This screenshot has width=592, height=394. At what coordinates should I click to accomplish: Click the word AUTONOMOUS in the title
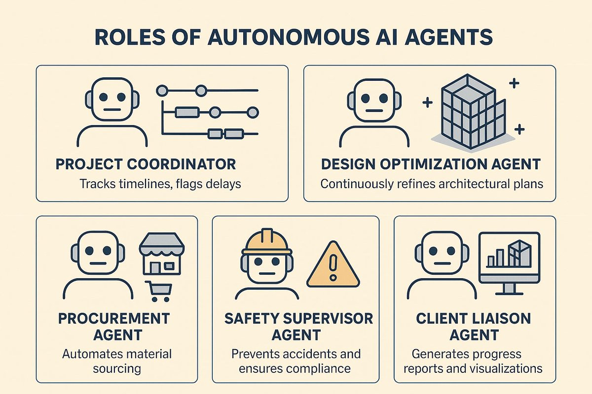click(288, 37)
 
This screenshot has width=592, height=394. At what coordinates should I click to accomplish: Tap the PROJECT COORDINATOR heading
click(146, 164)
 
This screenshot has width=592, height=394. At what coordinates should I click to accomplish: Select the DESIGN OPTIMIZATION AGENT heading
click(431, 164)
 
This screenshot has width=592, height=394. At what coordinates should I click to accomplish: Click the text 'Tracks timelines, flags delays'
click(160, 184)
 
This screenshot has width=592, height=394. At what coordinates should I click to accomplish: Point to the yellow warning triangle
click(333, 264)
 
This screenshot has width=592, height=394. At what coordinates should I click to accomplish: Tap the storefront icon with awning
click(162, 254)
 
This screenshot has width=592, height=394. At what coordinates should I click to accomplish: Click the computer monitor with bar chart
click(509, 263)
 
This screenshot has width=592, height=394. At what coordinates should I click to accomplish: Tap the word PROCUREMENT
click(114, 319)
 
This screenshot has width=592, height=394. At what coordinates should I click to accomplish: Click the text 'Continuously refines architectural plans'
click(432, 184)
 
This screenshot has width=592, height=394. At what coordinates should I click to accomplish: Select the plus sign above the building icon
click(514, 83)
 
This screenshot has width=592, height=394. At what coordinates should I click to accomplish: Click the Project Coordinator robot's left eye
click(103, 97)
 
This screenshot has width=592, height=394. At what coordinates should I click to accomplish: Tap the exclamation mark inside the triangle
click(333, 267)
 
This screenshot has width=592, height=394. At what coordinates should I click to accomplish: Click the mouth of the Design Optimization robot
click(374, 111)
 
